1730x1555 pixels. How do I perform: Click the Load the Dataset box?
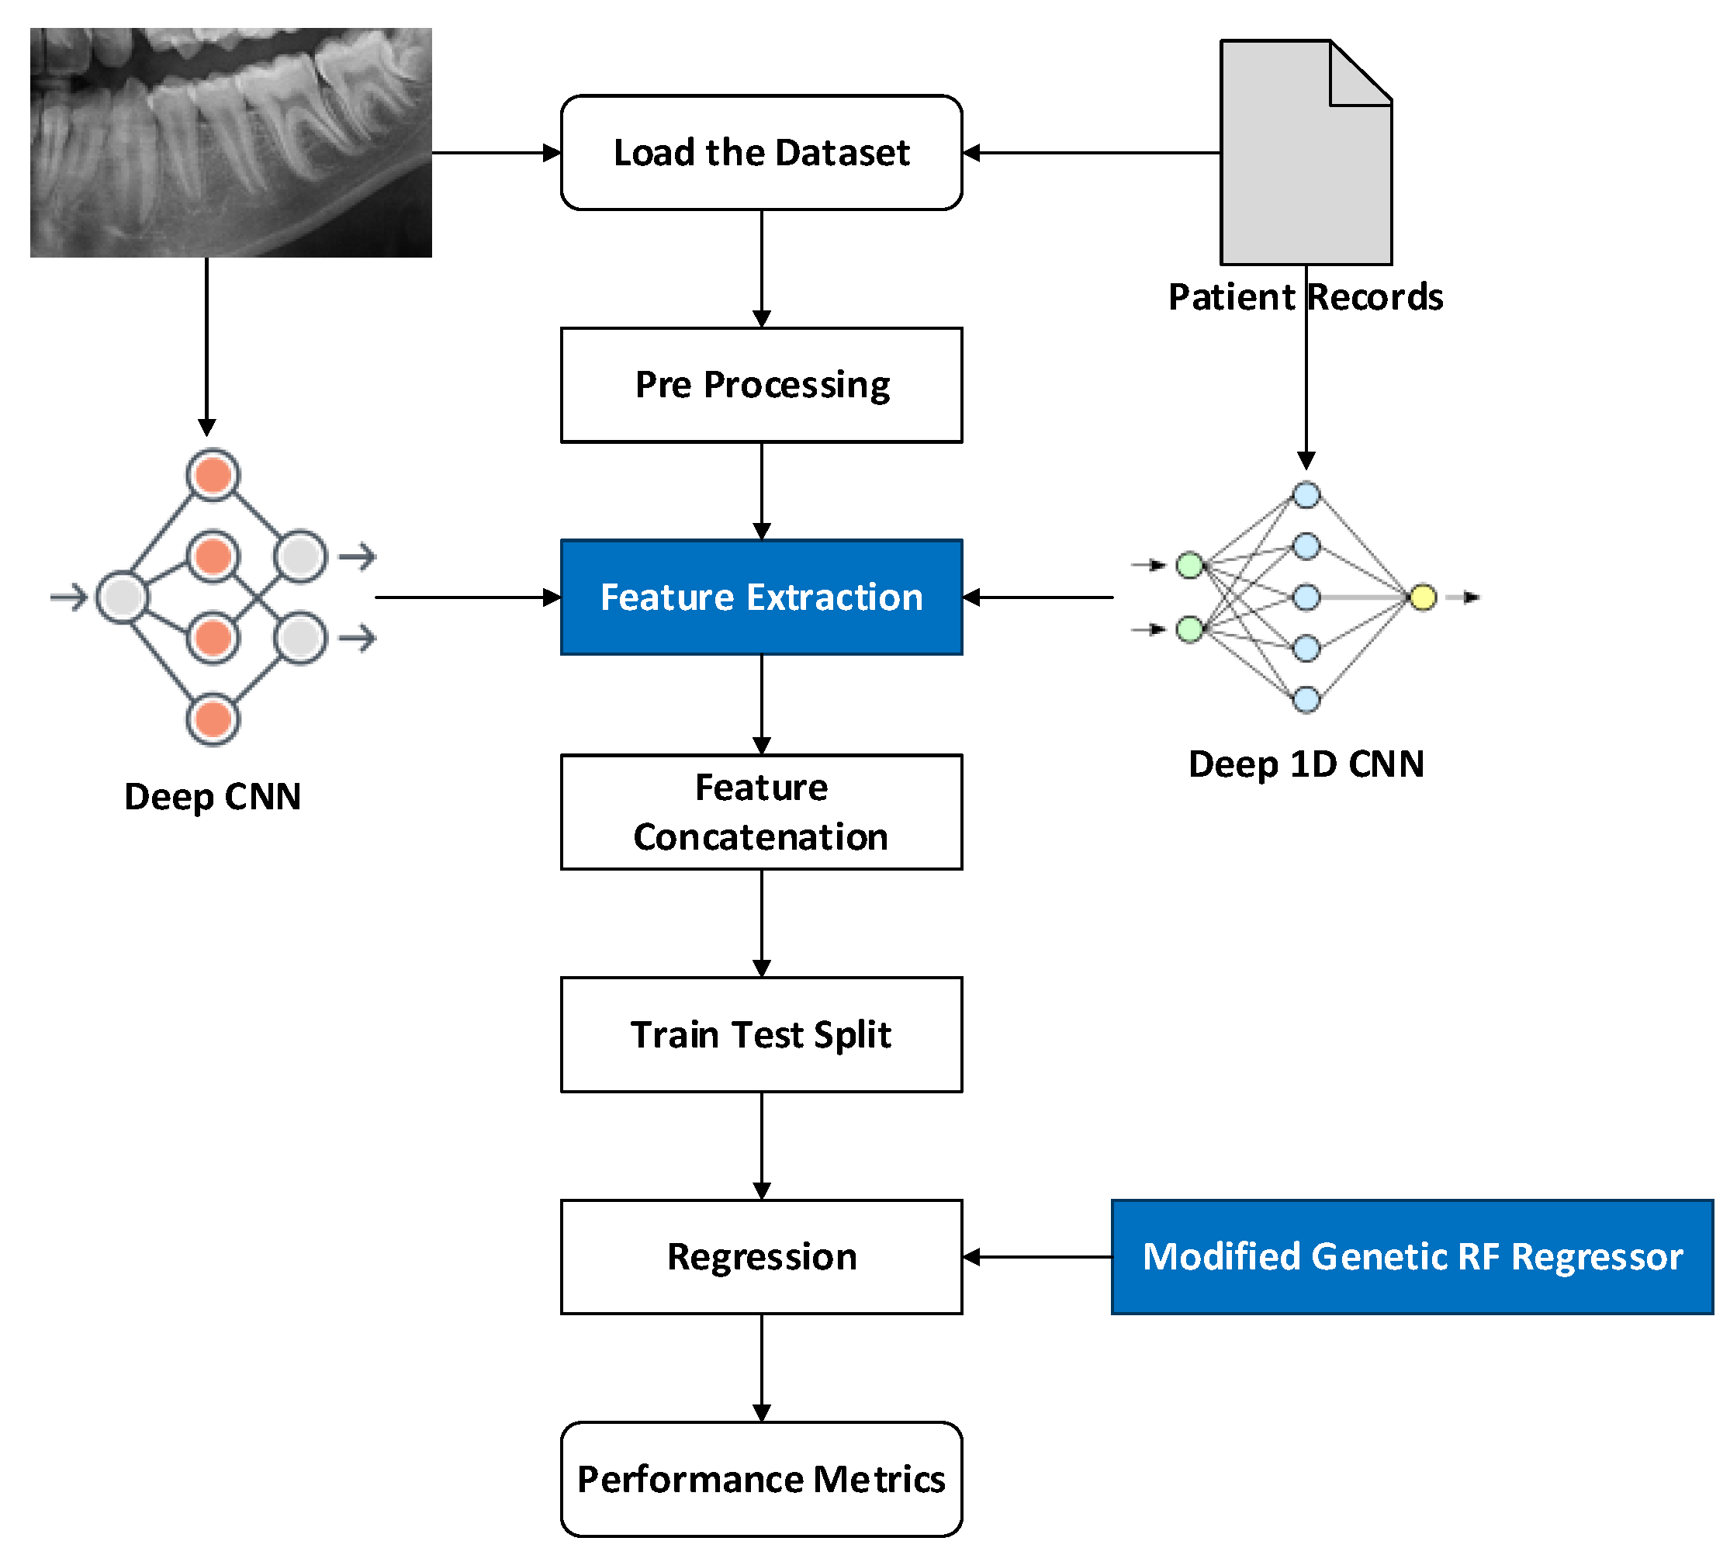[x=761, y=152]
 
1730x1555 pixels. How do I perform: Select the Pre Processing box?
[x=761, y=384]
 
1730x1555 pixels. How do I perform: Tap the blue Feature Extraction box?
[x=761, y=597]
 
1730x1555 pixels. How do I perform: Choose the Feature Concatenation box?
[x=761, y=812]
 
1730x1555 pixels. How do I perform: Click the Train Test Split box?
[x=761, y=1034]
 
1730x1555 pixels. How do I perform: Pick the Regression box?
[x=761, y=1256]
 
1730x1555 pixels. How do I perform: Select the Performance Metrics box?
[x=761, y=1478]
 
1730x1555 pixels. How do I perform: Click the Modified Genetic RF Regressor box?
[x=1411, y=1256]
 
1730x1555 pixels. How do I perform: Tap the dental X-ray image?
[x=230, y=142]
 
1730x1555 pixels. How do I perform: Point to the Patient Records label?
[x=1305, y=296]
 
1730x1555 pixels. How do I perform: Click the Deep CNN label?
[x=212, y=796]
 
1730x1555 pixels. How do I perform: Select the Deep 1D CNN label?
[x=1306, y=764]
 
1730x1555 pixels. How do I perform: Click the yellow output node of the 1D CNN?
[x=1423, y=597]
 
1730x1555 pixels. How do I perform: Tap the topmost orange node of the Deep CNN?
[x=213, y=475]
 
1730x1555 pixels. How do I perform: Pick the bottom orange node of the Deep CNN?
[x=213, y=719]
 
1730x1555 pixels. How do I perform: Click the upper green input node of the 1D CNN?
[x=1189, y=565]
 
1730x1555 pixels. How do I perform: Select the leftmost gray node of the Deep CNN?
[x=122, y=597]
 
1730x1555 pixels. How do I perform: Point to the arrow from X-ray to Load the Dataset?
[x=496, y=153]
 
